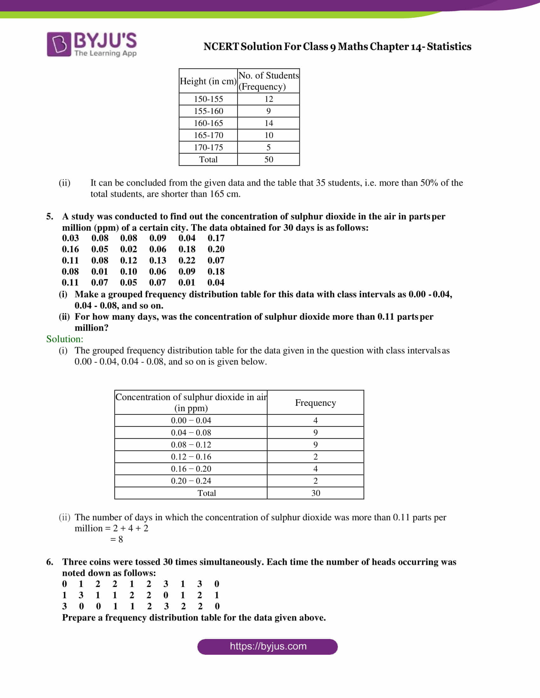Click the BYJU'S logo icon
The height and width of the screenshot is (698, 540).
coord(59,44)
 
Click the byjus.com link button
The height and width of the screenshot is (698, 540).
coord(267,646)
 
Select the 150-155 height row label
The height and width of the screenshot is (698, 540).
coord(208,99)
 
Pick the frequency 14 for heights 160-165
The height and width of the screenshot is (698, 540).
coord(269,123)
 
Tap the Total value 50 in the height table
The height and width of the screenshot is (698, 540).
coord(269,160)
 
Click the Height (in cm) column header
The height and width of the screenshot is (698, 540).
coord(208,81)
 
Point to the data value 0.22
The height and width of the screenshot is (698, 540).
coord(187,260)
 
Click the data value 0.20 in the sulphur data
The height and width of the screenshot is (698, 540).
coord(216,249)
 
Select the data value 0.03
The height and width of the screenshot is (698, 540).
coord(71,238)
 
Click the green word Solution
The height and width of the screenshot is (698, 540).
coord(64,339)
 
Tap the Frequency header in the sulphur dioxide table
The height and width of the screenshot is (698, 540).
coord(315,403)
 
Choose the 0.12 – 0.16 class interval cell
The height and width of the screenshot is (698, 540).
coord(191,457)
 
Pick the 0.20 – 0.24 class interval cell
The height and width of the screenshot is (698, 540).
coord(191,481)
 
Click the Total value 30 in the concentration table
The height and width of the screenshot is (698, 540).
coord(316,493)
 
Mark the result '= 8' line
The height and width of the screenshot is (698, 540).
coord(117,539)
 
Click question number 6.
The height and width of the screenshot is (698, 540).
coord(50,562)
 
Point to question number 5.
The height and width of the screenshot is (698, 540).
coord(50,216)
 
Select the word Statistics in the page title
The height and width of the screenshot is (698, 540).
coord(449,47)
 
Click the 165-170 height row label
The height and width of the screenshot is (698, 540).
coord(208,135)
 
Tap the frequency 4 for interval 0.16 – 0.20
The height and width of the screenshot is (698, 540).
coord(315,469)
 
